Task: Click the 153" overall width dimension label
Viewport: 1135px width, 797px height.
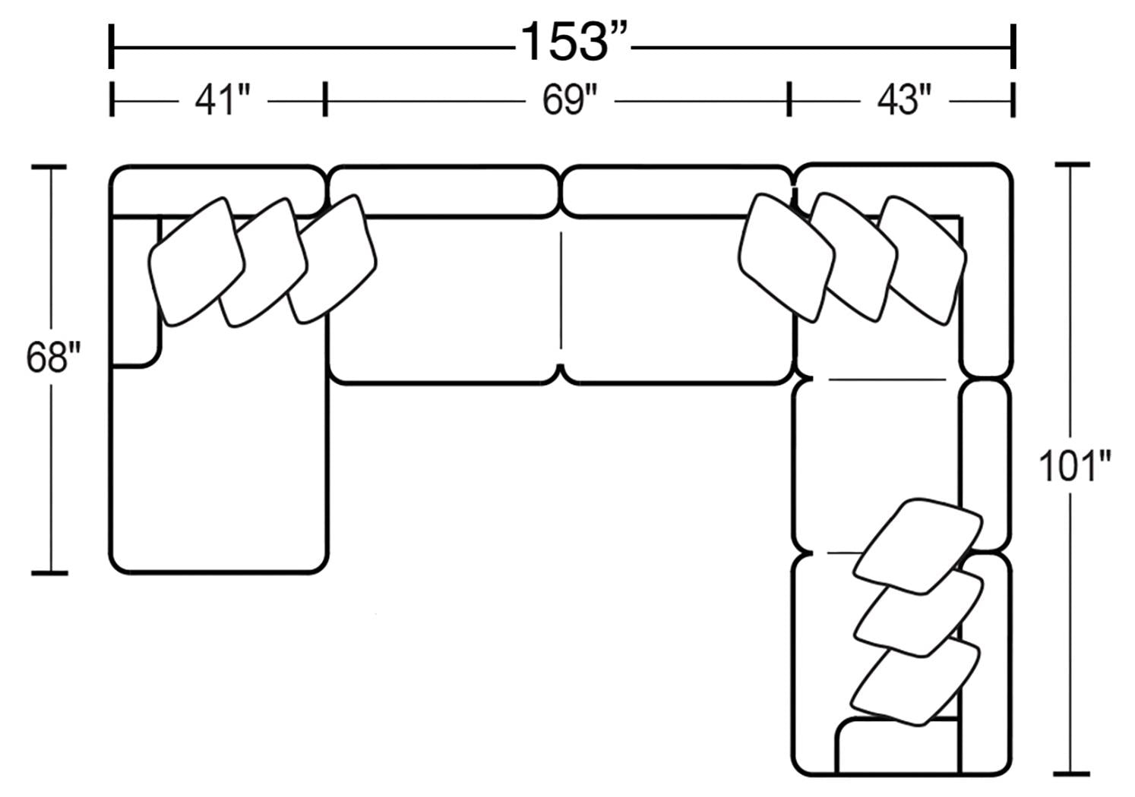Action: pos(574,42)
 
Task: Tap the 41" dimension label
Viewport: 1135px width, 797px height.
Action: pos(223,101)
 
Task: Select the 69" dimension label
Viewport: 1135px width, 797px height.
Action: pos(570,101)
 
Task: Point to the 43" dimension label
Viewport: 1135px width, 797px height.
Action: pos(904,101)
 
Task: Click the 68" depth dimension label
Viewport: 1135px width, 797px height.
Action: pos(53,357)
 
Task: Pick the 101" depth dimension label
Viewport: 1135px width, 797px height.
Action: pos(1074,466)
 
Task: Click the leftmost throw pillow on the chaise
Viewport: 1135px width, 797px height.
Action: pos(196,262)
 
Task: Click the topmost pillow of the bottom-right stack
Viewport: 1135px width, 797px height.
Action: pos(918,546)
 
